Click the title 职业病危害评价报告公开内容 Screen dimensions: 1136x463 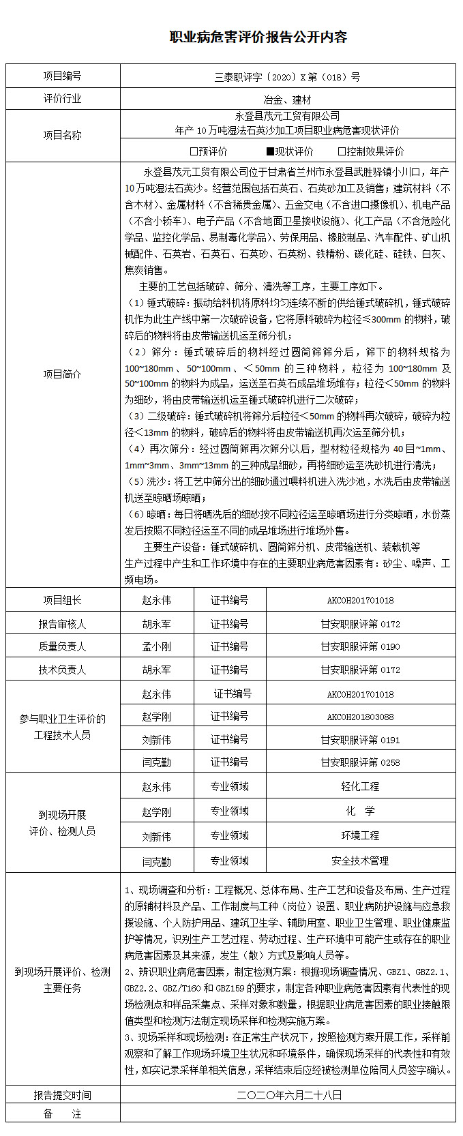coord(258,38)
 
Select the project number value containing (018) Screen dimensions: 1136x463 coord(287,76)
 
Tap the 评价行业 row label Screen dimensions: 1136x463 coord(62,99)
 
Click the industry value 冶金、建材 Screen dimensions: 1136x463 coord(287,100)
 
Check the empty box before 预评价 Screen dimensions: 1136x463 coord(194,151)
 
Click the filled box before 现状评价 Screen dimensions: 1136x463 coord(270,151)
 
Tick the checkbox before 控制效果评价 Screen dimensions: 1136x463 coord(342,151)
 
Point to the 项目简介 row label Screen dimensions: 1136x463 coord(62,374)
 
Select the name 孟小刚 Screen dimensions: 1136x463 coord(156,646)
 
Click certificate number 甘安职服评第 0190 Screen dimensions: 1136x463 coord(360,646)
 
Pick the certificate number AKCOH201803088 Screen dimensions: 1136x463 coord(360,717)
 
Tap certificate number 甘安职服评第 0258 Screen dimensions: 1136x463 coord(360,762)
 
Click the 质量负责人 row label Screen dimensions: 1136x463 coord(62,646)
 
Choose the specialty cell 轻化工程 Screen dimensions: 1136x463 coord(360,787)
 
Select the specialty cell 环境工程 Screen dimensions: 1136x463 coord(360,836)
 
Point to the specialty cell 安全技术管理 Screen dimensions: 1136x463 coord(360,861)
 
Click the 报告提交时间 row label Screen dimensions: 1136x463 coord(62,1095)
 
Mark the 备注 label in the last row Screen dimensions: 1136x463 coord(62,1114)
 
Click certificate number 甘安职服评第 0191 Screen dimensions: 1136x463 coord(360,740)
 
